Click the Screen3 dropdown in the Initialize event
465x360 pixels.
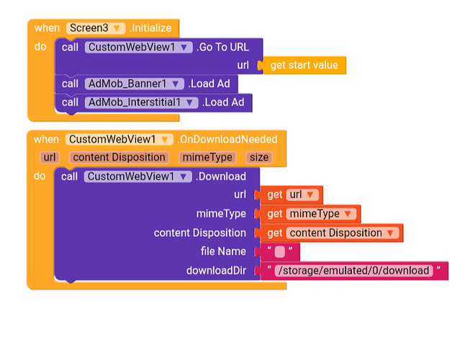96,28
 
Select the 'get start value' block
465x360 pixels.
303,66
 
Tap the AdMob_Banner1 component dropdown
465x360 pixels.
135,84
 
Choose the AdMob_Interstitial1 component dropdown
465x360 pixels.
142,102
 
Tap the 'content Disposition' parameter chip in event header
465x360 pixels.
119,157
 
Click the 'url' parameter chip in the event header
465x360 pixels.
50,157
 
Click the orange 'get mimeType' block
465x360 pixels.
310,214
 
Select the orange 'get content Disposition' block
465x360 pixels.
332,233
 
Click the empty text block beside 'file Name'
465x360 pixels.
280,251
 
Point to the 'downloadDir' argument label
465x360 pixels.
216,271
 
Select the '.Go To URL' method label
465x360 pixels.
223,47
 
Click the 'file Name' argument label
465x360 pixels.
223,251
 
